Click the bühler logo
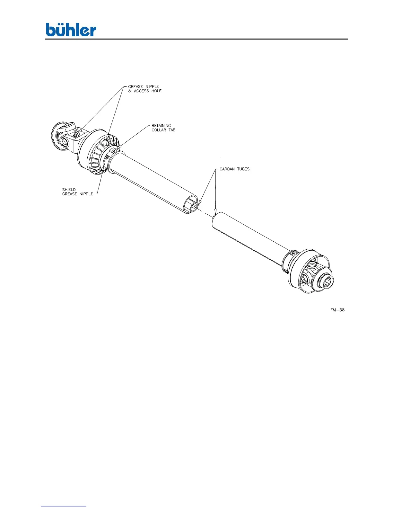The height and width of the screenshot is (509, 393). (71, 30)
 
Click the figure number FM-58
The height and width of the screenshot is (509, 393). (337, 310)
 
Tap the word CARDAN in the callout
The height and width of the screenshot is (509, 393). (227, 169)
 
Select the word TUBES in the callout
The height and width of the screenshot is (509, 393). (243, 169)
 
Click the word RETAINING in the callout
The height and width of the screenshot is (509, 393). (161, 126)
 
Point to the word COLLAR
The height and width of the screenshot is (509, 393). (159, 130)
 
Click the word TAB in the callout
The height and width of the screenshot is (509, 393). (172, 130)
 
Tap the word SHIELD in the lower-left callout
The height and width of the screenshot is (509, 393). (69, 190)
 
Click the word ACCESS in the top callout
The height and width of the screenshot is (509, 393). (141, 91)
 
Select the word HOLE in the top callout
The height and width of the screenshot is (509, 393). (156, 91)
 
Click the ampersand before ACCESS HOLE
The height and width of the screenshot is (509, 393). (130, 91)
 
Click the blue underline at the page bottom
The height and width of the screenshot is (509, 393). (64, 506)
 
